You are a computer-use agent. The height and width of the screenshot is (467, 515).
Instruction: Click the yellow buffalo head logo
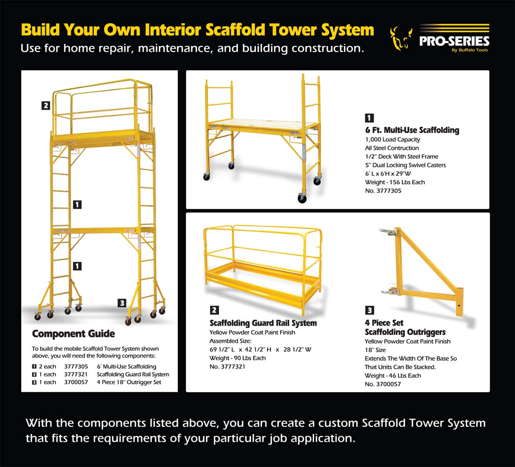(x=401, y=39)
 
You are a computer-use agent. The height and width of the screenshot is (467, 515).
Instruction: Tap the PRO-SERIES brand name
(x=454, y=41)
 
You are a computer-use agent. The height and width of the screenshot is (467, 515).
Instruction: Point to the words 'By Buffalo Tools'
(x=470, y=51)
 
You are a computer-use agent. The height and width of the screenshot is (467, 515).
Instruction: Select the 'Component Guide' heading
(x=73, y=334)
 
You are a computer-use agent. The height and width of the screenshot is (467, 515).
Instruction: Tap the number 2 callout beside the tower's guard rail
(x=45, y=106)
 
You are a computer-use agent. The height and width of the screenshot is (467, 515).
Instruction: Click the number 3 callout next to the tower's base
(x=122, y=303)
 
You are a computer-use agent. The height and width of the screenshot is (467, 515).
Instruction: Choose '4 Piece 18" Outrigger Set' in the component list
(x=129, y=382)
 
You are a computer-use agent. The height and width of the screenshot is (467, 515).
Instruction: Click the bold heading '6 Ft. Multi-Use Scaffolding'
(x=412, y=130)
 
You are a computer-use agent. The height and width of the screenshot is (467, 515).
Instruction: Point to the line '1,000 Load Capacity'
(x=392, y=139)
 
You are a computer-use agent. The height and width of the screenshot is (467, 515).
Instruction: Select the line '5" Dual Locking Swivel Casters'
(x=405, y=165)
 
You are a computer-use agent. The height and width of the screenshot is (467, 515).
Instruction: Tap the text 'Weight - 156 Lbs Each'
(x=395, y=182)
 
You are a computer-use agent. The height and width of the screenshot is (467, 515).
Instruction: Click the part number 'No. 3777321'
(x=227, y=366)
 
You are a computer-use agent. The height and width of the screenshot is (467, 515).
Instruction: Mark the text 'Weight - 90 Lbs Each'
(x=237, y=358)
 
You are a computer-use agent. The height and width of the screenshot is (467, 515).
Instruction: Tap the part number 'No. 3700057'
(x=383, y=384)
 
